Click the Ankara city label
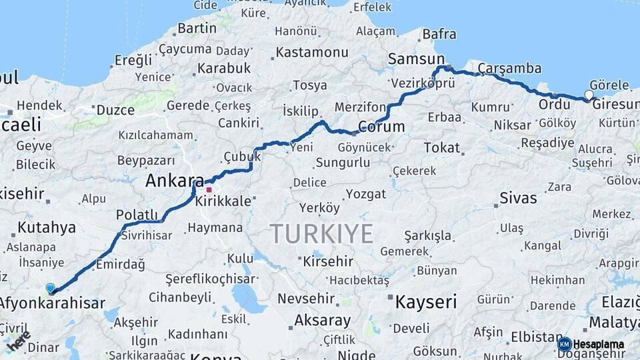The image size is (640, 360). (x=175, y=181)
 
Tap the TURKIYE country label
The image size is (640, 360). (x=321, y=234)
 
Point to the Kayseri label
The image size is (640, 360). (x=426, y=302)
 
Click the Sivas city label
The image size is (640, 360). (x=518, y=198)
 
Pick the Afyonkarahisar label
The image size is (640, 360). (x=52, y=304)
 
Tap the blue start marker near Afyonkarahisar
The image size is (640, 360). (x=51, y=288)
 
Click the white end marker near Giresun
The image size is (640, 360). (x=589, y=95)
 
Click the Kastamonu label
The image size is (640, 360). (x=312, y=52)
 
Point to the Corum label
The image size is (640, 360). (x=381, y=127)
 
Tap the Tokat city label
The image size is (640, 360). (x=441, y=148)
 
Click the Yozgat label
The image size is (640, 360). (x=365, y=194)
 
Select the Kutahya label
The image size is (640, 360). (x=47, y=228)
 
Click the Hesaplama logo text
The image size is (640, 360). (x=599, y=344)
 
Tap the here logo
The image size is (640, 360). (x=18, y=341)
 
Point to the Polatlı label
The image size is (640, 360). (x=135, y=215)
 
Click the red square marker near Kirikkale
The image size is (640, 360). (x=209, y=190)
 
